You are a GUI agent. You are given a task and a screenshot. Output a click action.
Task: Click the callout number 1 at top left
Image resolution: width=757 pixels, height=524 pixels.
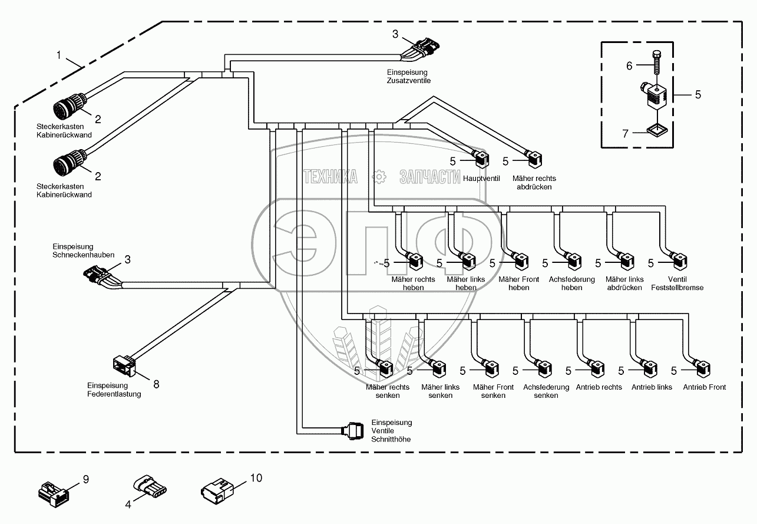pyautogui.click(x=59, y=55)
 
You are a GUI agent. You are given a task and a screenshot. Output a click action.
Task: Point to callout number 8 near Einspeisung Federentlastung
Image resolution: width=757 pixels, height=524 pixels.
pyautogui.click(x=156, y=384)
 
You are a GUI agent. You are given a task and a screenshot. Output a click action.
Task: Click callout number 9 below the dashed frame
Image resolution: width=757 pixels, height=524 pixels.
pyautogui.click(x=85, y=480)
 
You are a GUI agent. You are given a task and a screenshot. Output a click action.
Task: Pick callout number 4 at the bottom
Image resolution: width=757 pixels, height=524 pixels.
pyautogui.click(x=127, y=504)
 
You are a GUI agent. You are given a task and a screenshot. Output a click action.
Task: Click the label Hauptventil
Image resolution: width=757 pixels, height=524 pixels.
pyautogui.click(x=480, y=178)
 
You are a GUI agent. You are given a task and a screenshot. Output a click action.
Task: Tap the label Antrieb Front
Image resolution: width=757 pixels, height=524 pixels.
pyautogui.click(x=704, y=387)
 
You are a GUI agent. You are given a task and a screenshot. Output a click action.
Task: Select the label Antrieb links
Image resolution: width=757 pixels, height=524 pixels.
pyautogui.click(x=652, y=387)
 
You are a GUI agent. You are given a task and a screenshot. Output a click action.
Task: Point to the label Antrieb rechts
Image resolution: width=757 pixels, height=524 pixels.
pyautogui.click(x=599, y=387)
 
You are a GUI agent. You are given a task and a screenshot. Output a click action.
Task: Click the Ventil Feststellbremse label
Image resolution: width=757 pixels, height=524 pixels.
pyautogui.click(x=677, y=284)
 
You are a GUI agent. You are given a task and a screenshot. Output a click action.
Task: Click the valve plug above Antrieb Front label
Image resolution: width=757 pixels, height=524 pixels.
pyautogui.click(x=703, y=369)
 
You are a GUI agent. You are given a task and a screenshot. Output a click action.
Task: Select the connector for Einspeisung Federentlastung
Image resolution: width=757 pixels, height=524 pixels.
pyautogui.click(x=125, y=365)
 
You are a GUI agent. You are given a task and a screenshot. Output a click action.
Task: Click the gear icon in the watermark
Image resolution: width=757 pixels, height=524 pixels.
pyautogui.click(x=379, y=176)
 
